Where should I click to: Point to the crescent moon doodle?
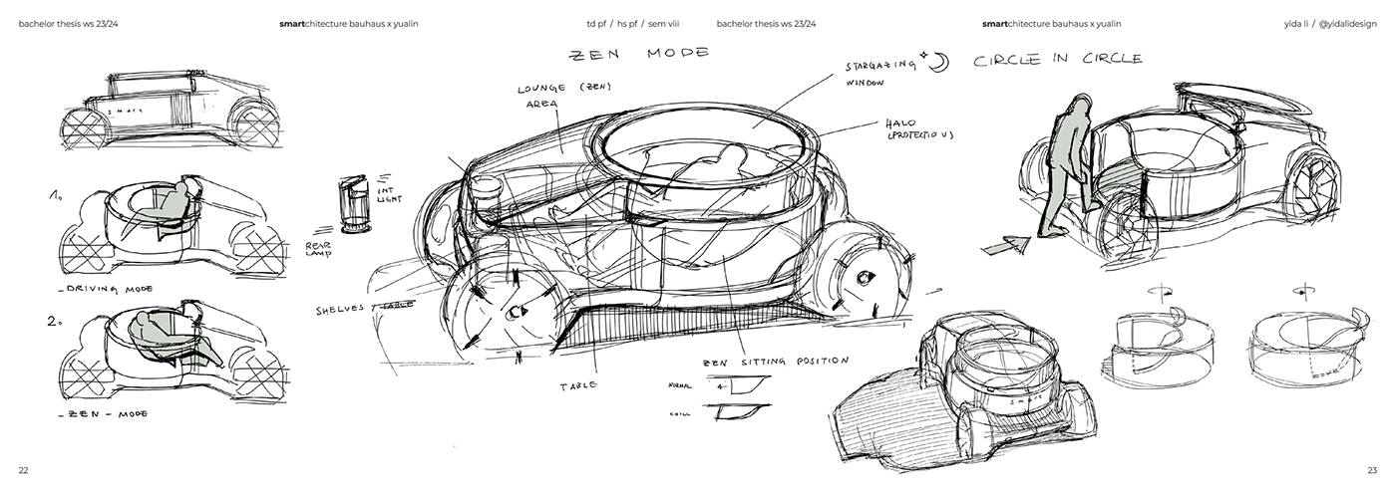(939, 64)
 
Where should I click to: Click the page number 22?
(23, 469)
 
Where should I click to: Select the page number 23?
(1372, 469)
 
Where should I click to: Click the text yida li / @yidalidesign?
(1332, 23)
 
